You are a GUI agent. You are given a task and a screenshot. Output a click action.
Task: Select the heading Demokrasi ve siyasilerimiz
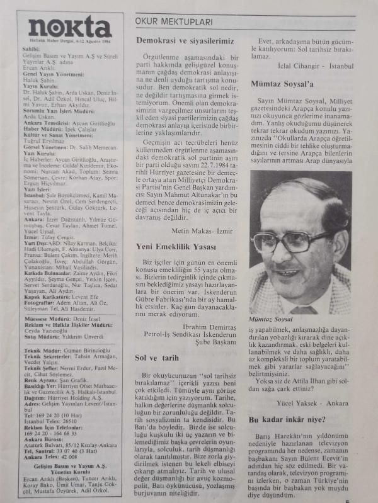[x=185, y=41]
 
